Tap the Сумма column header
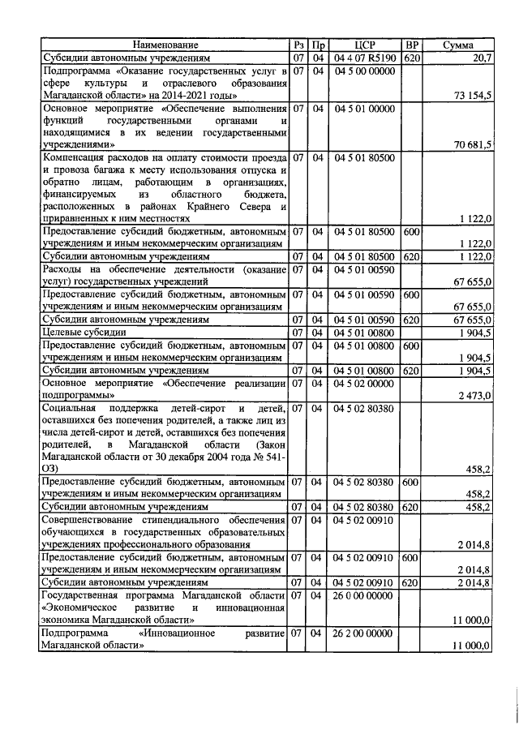pyautogui.click(x=459, y=45)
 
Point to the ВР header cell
pyautogui.click(x=412, y=45)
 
